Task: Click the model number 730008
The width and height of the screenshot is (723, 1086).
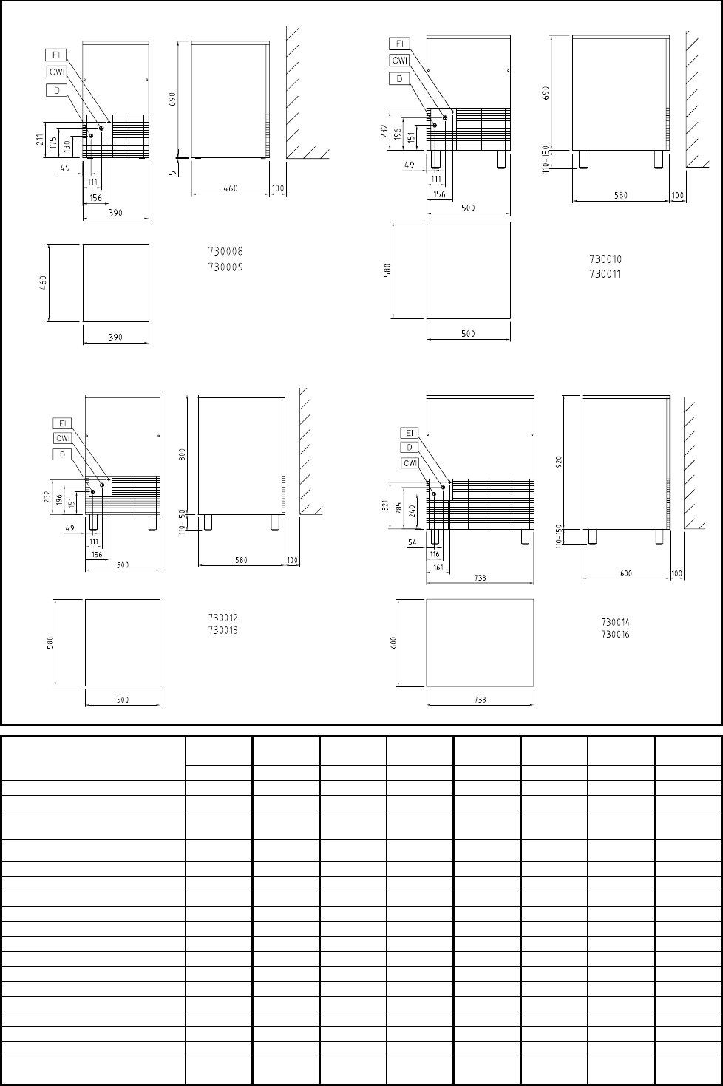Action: pyautogui.click(x=225, y=251)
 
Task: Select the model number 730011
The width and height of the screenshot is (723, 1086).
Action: pyautogui.click(x=605, y=274)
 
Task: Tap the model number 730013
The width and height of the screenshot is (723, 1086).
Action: pyautogui.click(x=223, y=630)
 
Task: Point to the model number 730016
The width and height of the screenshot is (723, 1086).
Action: pyautogui.click(x=615, y=634)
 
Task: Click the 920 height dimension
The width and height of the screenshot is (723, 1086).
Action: pyautogui.click(x=559, y=461)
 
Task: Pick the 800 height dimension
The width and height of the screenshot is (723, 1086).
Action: pyautogui.click(x=183, y=454)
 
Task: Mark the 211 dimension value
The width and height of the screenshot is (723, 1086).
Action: pyautogui.click(x=40, y=140)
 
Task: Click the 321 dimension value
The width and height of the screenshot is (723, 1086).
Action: pyautogui.click(x=385, y=505)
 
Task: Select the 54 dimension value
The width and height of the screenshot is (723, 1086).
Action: pyautogui.click(x=412, y=542)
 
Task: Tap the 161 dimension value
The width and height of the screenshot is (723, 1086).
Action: pyautogui.click(x=438, y=567)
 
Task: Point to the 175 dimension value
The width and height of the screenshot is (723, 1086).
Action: pyautogui.click(x=53, y=143)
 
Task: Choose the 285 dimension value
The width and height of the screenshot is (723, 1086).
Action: pyautogui.click(x=399, y=508)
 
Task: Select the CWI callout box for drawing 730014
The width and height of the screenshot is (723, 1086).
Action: pyautogui.click(x=410, y=463)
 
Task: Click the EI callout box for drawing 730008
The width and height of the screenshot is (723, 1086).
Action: pyautogui.click(x=55, y=55)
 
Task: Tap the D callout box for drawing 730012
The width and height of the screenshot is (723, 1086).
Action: pyautogui.click(x=63, y=455)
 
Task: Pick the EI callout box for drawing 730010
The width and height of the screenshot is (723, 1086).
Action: pyautogui.click(x=399, y=44)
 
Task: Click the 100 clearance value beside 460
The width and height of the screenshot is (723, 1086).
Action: pyautogui.click(x=277, y=188)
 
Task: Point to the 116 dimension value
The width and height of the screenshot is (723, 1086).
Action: pyautogui.click(x=435, y=553)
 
